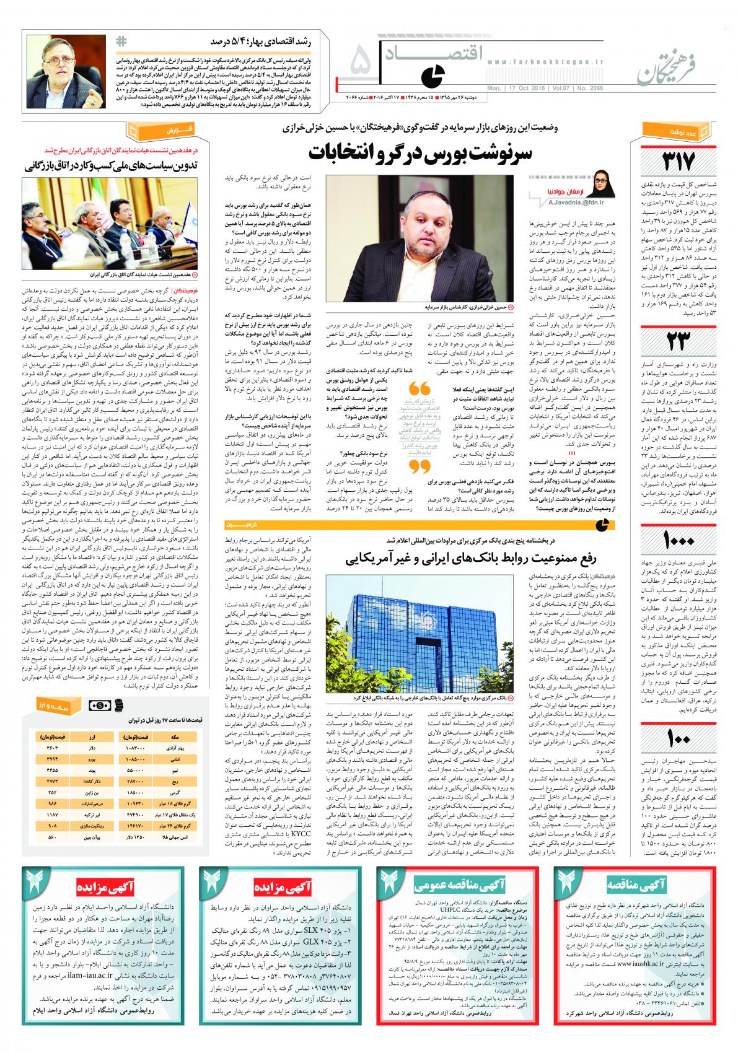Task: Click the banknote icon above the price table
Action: [99, 706]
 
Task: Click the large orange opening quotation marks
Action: [420, 388]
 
